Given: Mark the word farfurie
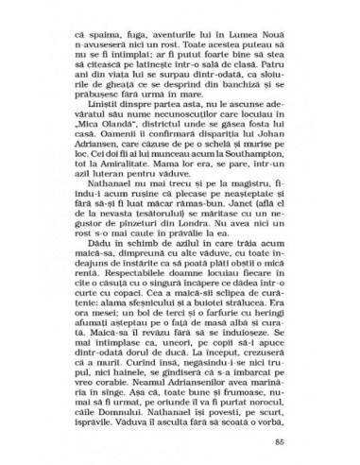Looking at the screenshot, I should (226, 384).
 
